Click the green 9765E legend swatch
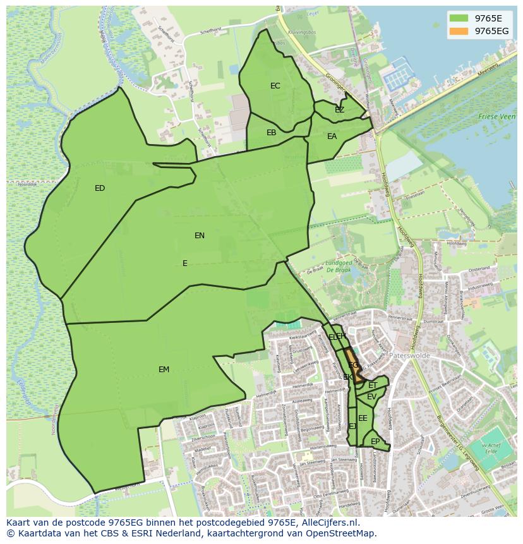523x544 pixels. (x=460, y=18)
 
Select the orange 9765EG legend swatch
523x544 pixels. (x=460, y=30)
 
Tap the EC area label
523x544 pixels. (x=275, y=86)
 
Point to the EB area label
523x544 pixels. (x=271, y=133)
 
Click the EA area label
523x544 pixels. (x=332, y=136)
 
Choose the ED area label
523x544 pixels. (x=100, y=188)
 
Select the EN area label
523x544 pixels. (x=200, y=236)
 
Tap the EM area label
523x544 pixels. (x=164, y=370)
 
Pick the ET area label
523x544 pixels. (x=373, y=385)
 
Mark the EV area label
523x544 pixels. (x=371, y=397)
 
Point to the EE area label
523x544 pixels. (x=363, y=418)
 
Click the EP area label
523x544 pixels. (x=375, y=442)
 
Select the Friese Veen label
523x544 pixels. (x=496, y=117)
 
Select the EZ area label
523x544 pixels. (x=340, y=110)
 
